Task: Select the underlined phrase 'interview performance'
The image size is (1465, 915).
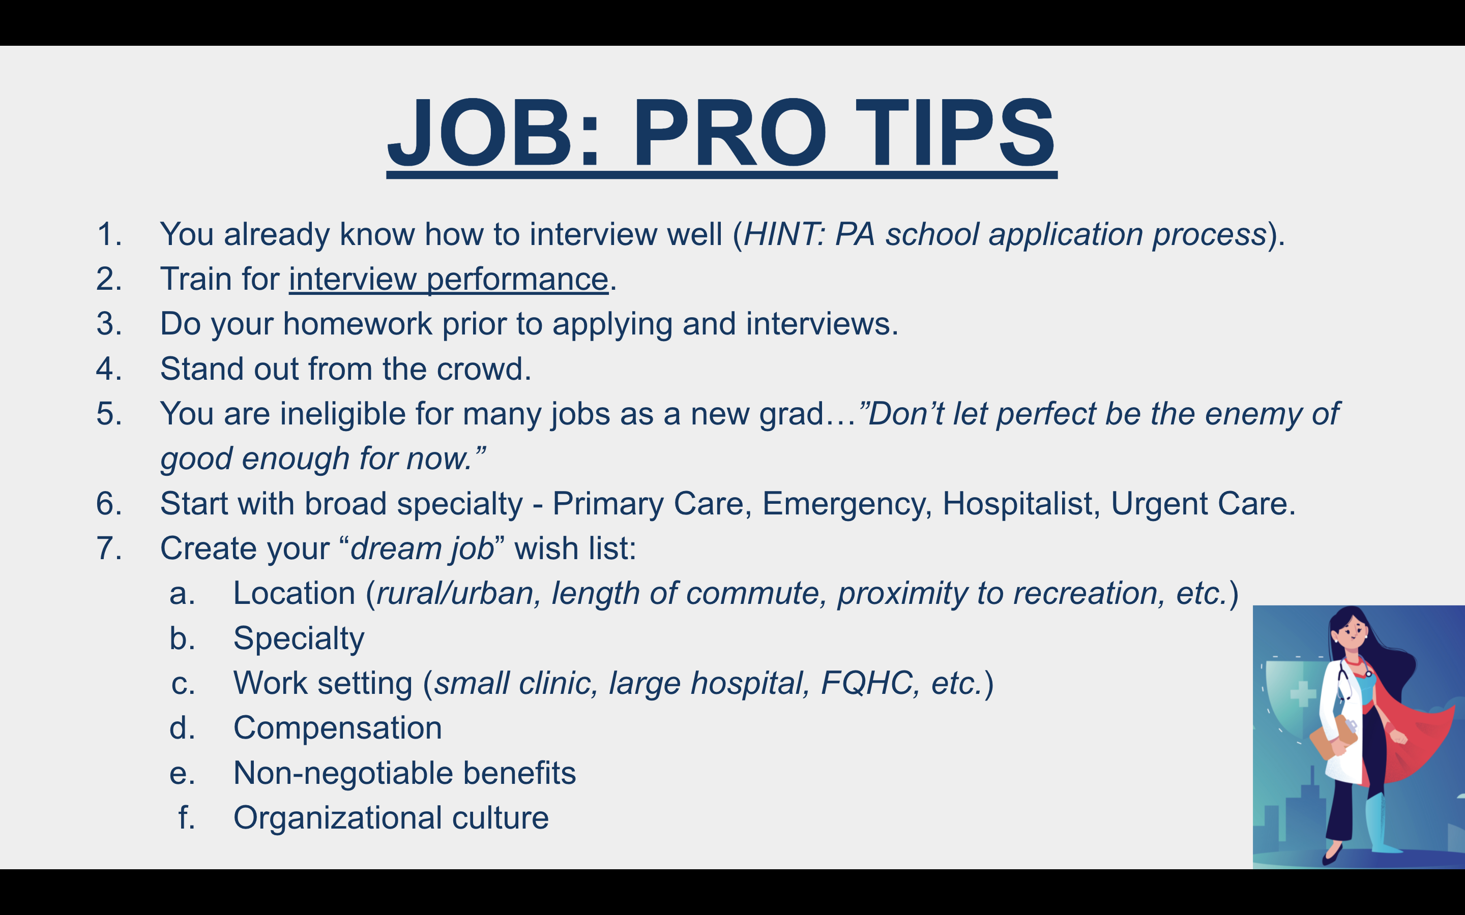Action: (449, 279)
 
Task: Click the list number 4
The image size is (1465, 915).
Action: (109, 369)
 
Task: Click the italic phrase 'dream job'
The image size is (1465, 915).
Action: (423, 548)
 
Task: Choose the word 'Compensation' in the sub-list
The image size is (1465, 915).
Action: (338, 728)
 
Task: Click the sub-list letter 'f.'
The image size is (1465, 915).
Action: (187, 817)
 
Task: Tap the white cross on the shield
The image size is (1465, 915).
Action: (1303, 693)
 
